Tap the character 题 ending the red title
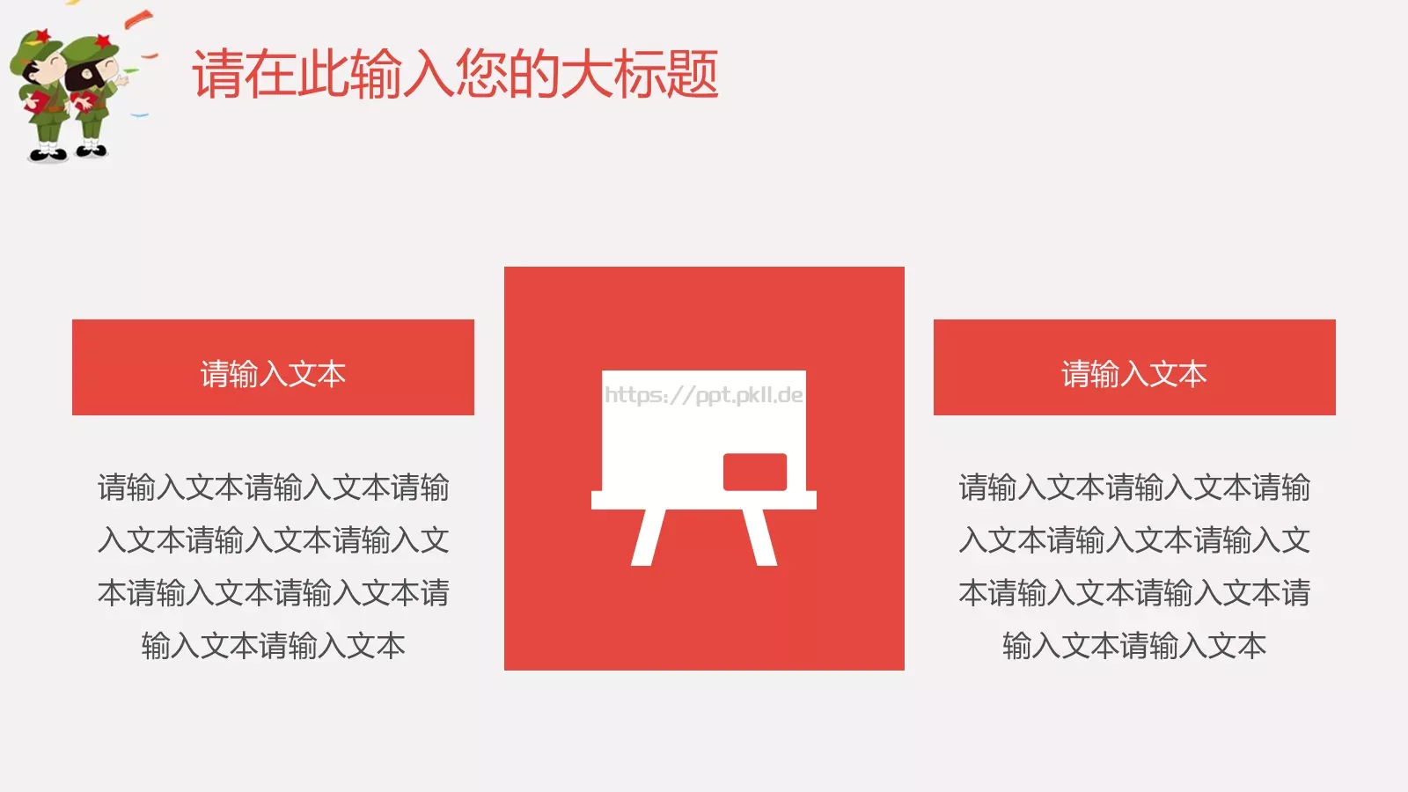693,74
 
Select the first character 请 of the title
217,74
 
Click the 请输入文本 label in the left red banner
273,374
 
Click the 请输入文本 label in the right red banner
1133,374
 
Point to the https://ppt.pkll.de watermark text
703,395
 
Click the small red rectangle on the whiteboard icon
754,472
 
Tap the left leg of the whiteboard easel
648,537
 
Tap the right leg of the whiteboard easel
760,537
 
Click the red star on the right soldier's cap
102,40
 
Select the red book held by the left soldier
38,103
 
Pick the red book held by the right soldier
85,102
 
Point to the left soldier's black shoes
48,156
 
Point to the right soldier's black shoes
92,150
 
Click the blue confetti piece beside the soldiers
139,114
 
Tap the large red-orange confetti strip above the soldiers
139,18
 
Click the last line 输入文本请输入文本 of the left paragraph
273,646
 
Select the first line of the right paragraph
1133,488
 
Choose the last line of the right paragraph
1133,646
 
